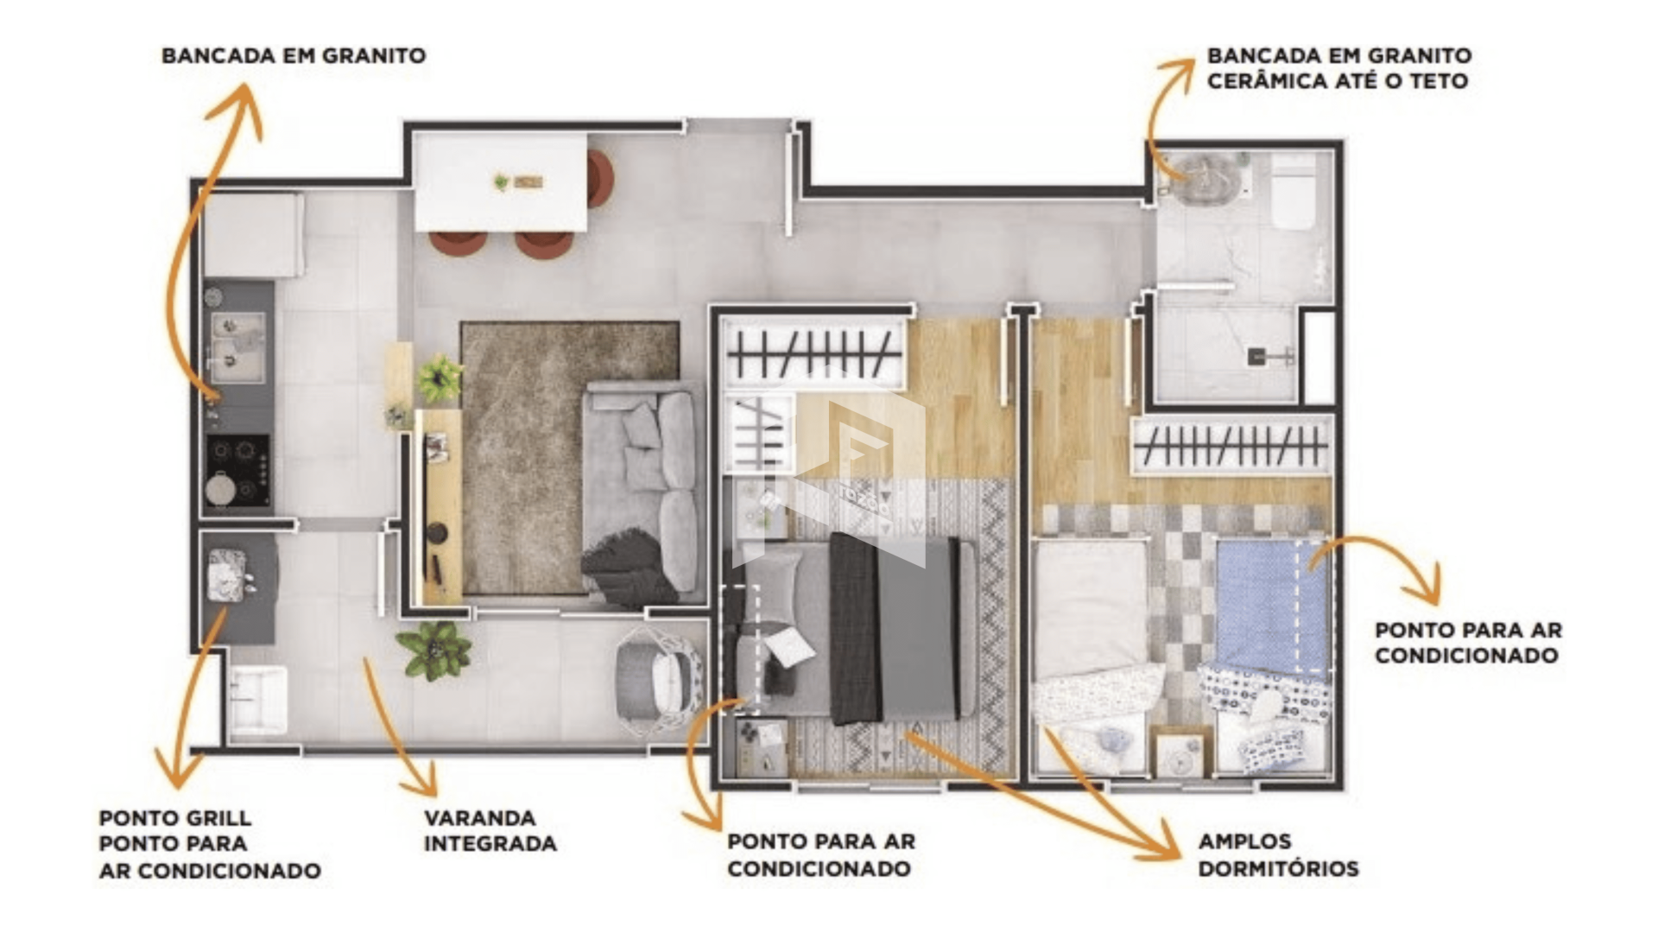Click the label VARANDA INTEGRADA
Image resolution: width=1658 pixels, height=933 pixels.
(x=490, y=830)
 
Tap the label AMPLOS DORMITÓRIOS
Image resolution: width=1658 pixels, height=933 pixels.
(x=1278, y=854)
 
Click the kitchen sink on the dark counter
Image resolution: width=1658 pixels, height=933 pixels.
(x=237, y=347)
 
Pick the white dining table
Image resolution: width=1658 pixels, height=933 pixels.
(x=501, y=181)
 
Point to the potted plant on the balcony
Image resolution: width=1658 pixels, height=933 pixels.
(x=433, y=650)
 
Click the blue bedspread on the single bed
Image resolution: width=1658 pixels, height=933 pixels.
(x=1273, y=606)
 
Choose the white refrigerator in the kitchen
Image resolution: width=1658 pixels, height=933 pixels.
(x=254, y=234)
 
